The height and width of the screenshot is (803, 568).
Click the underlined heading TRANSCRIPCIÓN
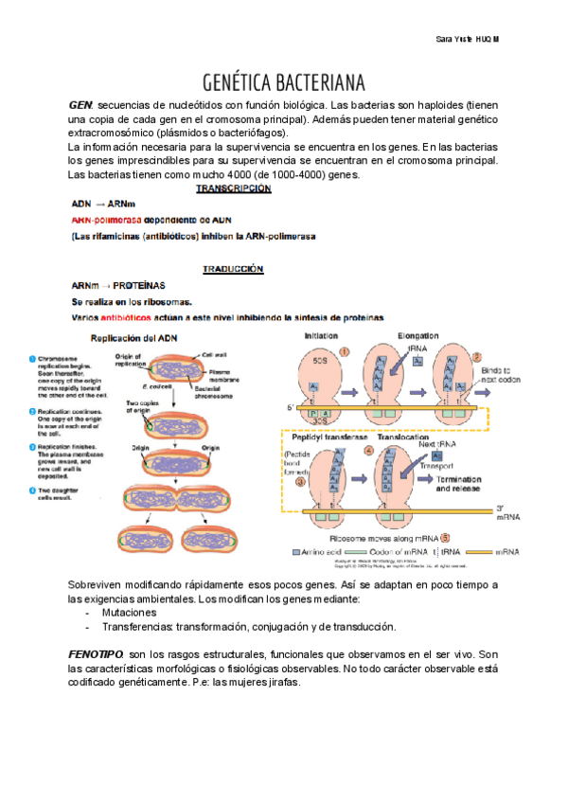233,188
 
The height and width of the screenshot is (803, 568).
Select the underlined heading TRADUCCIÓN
233,269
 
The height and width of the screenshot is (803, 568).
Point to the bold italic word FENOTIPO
97,654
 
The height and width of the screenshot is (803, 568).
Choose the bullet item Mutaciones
130,614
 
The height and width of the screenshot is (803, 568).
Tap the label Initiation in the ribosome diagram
321,337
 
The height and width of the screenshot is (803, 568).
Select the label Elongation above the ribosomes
418,337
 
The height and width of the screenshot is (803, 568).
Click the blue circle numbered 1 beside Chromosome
32,359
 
